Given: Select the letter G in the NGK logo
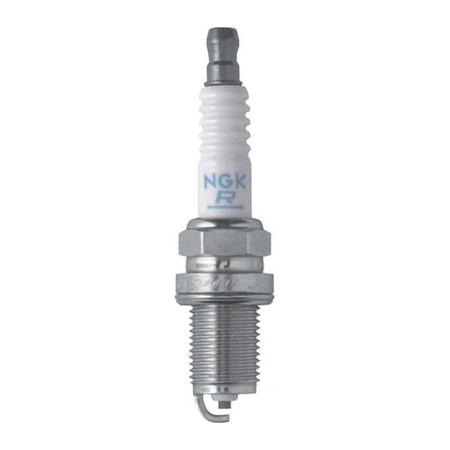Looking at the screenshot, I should (225, 181).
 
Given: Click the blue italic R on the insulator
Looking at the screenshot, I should (224, 197).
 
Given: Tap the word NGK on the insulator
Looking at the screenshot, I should (225, 181).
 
